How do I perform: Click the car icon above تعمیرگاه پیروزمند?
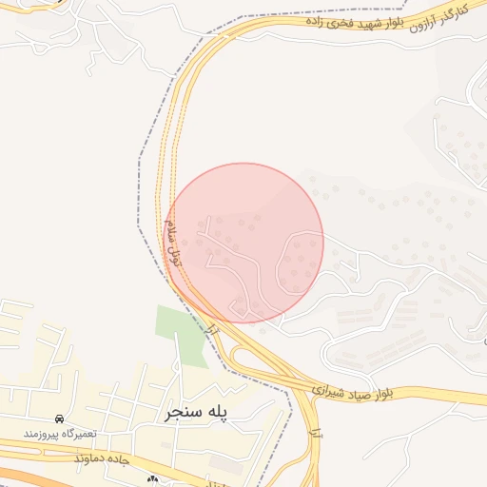pyautogui.click(x=60, y=419)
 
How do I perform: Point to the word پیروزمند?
pyautogui.click(x=49, y=434)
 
